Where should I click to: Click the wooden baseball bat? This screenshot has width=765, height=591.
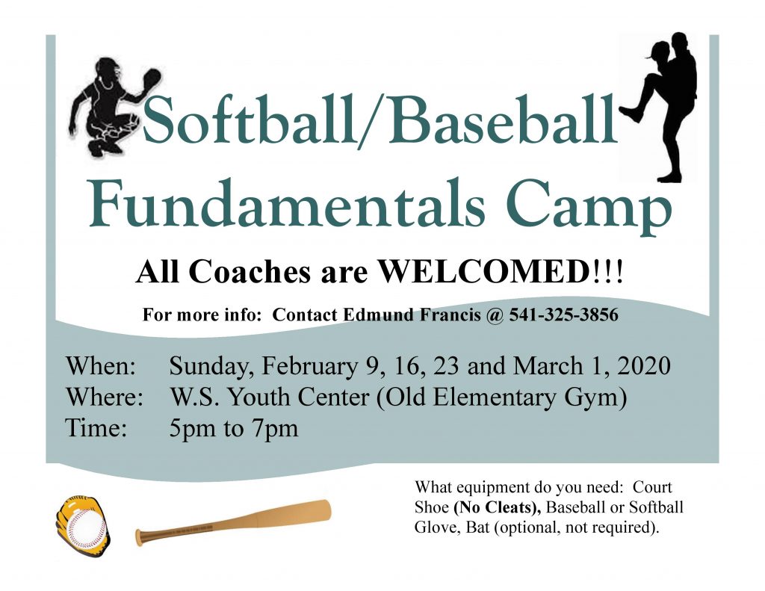pos(233,523)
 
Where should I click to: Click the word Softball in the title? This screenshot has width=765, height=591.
pos(249,120)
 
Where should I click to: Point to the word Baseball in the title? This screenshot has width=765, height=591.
pos(503,120)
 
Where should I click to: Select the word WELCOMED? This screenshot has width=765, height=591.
pos(485,271)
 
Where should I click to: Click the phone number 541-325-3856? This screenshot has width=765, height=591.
pos(563,315)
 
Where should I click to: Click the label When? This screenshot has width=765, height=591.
pos(101,366)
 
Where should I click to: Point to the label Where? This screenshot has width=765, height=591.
pos(105,397)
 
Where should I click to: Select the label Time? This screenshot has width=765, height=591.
pos(96,428)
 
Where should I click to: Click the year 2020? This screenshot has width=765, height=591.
pos(644,366)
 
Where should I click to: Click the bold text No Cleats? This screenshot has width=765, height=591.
pos(497,507)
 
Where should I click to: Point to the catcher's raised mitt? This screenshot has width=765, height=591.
pos(150,79)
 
